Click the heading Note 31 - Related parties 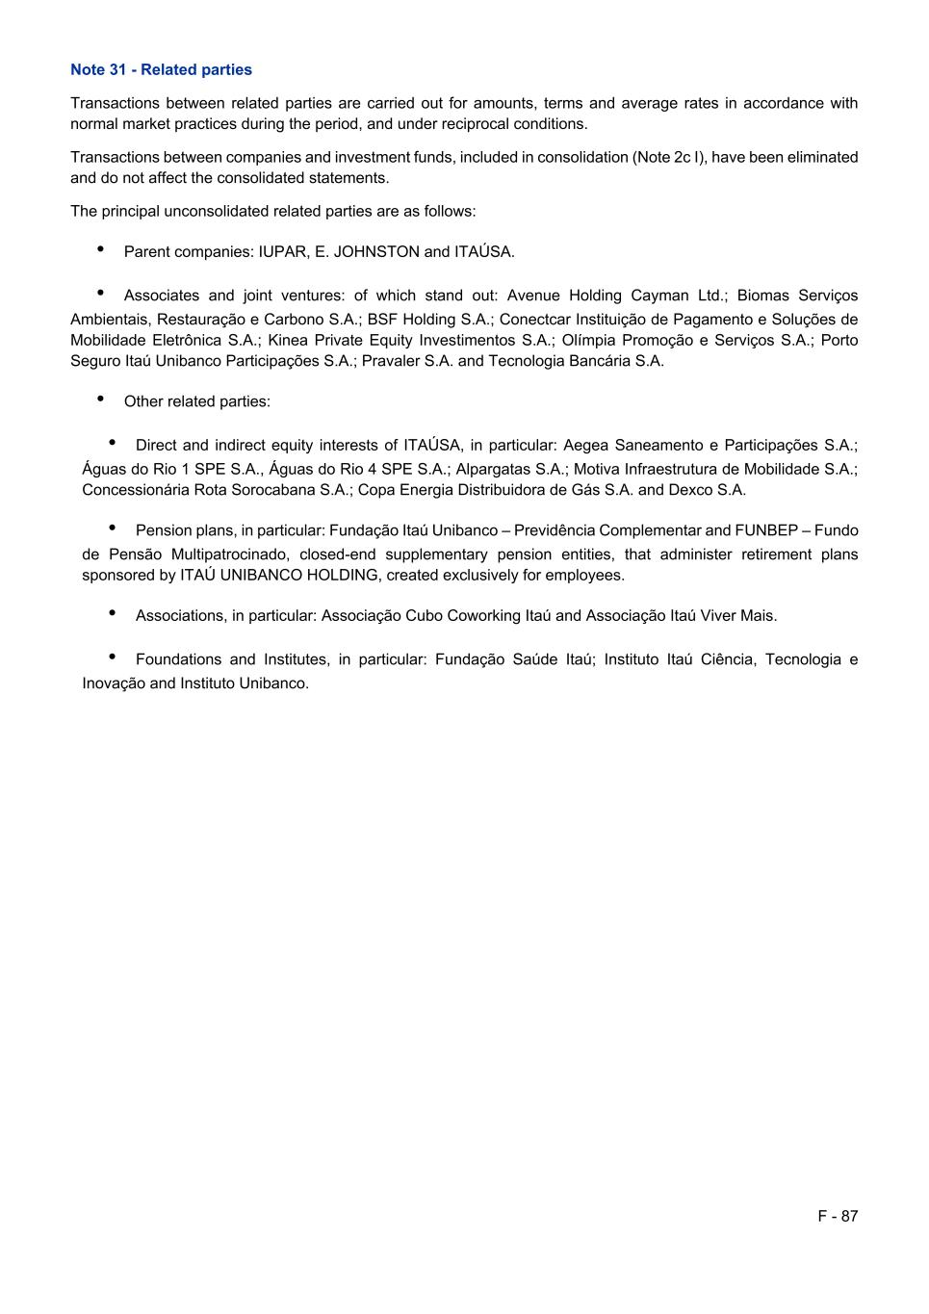coord(161,69)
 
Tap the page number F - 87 coord(838,1216)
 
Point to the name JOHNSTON coord(376,251)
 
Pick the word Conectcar coord(534,319)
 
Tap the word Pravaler coord(391,361)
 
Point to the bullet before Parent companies coord(101,249)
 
